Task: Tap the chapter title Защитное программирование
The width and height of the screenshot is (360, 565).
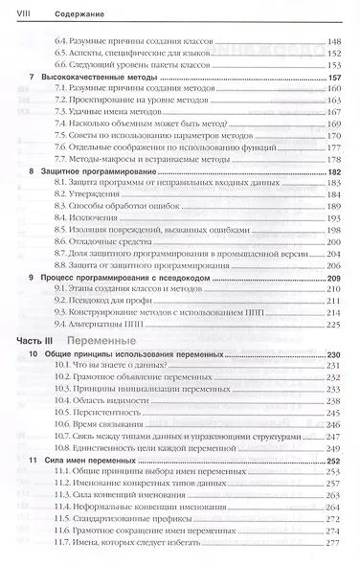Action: (96, 169)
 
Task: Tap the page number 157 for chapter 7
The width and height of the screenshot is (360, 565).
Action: (333, 77)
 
